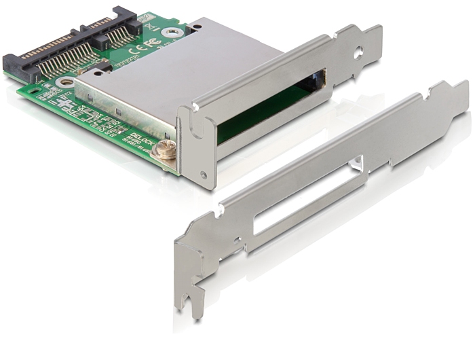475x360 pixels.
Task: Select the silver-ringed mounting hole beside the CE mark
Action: [x=176, y=31]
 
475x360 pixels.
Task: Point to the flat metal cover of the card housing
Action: [x=176, y=75]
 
